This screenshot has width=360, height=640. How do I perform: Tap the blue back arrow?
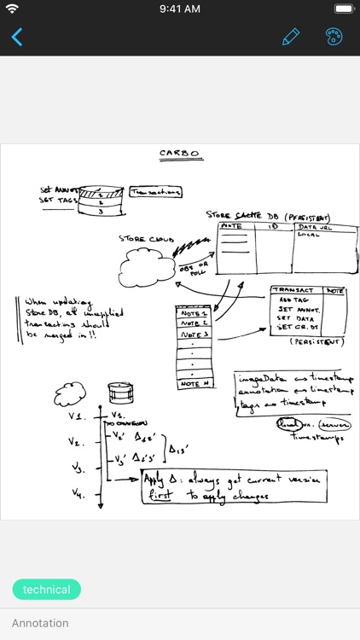coord(17,37)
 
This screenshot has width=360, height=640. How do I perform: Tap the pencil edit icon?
coord(291,37)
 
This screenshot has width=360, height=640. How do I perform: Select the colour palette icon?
coord(334,37)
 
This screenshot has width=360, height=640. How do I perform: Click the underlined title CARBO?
coord(180,154)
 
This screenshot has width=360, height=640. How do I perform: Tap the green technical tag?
coord(47,590)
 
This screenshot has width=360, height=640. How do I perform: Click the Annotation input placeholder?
coord(40,623)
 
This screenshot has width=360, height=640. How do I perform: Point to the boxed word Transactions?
coord(155,193)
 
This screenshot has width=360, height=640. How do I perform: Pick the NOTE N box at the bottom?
coord(194,384)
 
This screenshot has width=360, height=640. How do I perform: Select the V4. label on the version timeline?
coord(77,492)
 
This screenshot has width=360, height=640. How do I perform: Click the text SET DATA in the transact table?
coord(296,317)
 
